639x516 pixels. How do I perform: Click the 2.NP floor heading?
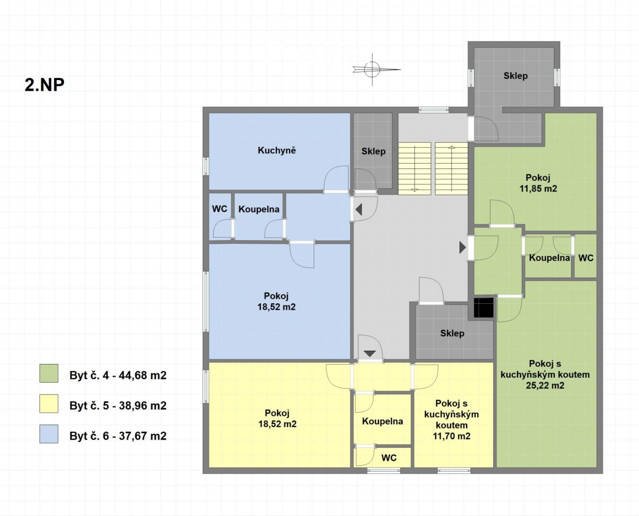(x=45, y=85)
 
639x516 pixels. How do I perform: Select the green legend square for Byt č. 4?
(x=48, y=373)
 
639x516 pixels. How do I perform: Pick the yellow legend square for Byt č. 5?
(x=48, y=404)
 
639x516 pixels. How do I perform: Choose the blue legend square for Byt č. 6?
(x=48, y=434)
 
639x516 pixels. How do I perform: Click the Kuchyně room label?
(x=277, y=150)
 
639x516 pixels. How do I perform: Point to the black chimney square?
(x=484, y=308)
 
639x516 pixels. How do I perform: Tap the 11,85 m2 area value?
(x=538, y=189)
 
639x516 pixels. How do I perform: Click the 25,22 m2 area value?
(x=545, y=385)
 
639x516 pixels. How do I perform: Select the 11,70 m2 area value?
(x=452, y=436)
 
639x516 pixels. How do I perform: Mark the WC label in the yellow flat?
(x=389, y=458)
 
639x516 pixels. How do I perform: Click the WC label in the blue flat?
(x=219, y=208)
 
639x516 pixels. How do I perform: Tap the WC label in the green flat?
(x=586, y=257)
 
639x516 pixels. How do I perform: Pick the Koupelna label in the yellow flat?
(x=382, y=421)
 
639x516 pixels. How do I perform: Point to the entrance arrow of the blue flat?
(x=359, y=209)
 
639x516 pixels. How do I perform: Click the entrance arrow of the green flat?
(x=462, y=247)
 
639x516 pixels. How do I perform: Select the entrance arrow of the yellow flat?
(x=370, y=354)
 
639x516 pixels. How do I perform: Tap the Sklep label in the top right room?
(x=515, y=76)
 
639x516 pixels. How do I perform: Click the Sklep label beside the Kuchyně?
(x=373, y=151)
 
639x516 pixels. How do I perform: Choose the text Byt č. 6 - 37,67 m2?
(x=118, y=436)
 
